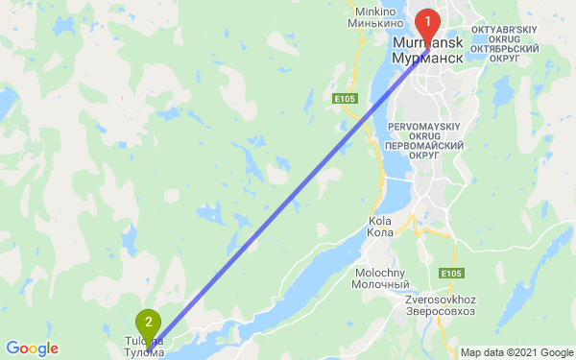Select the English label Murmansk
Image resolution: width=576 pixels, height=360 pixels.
428,44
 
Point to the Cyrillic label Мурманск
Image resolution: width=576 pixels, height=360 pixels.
428,58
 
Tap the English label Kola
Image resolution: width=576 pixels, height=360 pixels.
380,221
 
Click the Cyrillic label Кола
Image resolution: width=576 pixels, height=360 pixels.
380,232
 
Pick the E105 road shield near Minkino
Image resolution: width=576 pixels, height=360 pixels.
346,98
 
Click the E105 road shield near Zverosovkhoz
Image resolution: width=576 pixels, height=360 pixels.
452,275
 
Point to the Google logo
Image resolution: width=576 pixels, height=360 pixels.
32,348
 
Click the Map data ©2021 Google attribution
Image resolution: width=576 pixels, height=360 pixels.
516,352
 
